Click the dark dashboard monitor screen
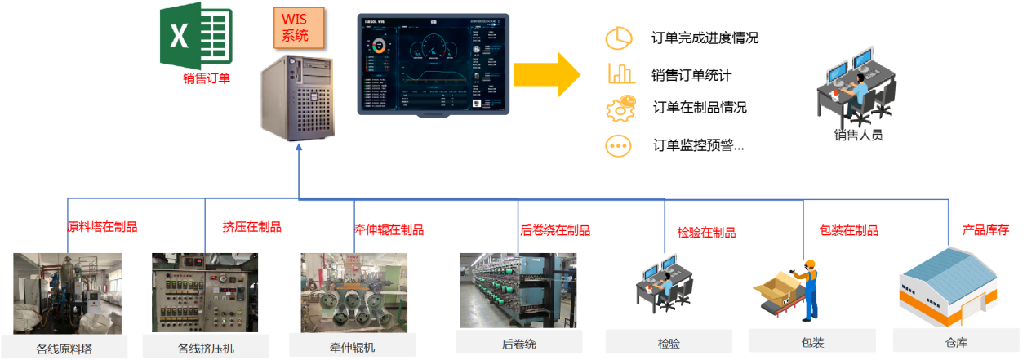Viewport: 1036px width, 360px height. pyautogui.click(x=433, y=64)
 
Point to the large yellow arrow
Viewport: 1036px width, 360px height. pyautogui.click(x=546, y=74)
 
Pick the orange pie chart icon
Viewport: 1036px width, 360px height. pyautogui.click(x=620, y=38)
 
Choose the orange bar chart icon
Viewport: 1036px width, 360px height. pyautogui.click(x=621, y=73)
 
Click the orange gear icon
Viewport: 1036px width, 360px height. pyautogui.click(x=620, y=109)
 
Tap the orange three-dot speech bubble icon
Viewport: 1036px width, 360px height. pyautogui.click(x=620, y=145)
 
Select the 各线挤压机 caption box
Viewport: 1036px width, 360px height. pyautogui.click(x=206, y=346)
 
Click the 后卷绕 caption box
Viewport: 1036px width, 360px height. pyautogui.click(x=518, y=342)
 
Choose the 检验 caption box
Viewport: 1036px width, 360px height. pyautogui.click(x=668, y=341)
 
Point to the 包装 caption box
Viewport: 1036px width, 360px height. pyautogui.click(x=813, y=341)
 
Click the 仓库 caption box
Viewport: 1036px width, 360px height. pyautogui.click(x=956, y=340)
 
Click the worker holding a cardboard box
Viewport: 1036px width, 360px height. pyautogui.click(x=808, y=288)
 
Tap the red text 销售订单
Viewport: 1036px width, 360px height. pyautogui.click(x=207, y=78)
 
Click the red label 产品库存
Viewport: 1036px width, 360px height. pyautogui.click(x=985, y=230)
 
